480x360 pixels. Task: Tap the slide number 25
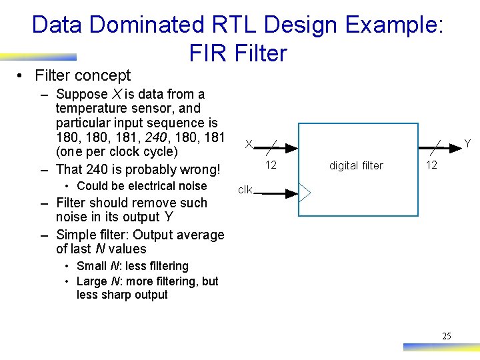[x=446, y=336]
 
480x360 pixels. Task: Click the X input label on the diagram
[x=248, y=144]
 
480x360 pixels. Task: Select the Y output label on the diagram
[x=467, y=144]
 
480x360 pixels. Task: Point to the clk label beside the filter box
[x=245, y=190]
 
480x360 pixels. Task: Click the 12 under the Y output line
[x=431, y=165]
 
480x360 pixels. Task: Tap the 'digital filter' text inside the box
[x=356, y=165]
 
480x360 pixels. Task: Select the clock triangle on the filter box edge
[x=304, y=194]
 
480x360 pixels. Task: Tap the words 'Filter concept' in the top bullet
[x=83, y=75]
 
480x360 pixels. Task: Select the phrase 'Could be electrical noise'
[x=142, y=186]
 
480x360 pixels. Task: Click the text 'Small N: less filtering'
[x=133, y=266]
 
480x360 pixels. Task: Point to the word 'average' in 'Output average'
[x=197, y=235]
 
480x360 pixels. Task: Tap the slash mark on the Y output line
[x=436, y=144]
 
